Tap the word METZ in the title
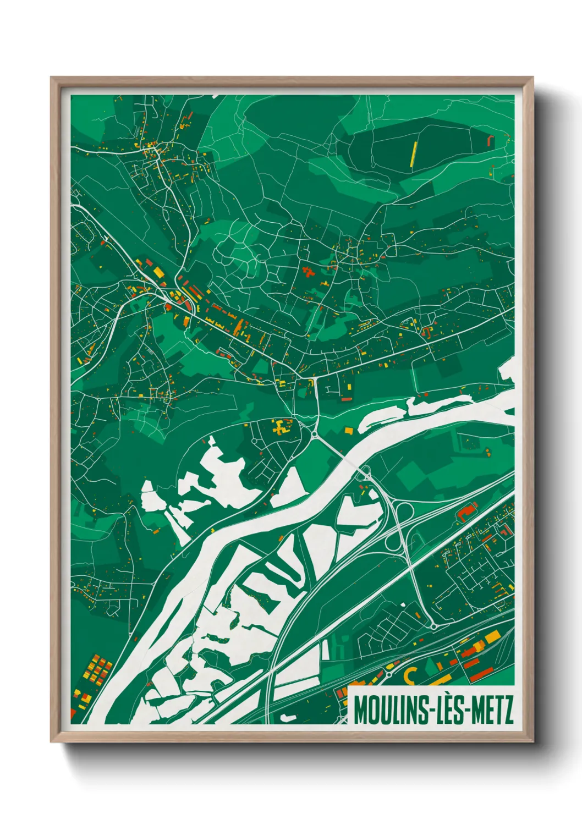point(491,710)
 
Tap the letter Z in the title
point(508,710)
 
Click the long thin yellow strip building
point(414,153)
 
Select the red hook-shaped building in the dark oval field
point(491,141)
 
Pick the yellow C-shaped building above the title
point(410,674)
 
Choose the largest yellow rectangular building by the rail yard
point(491,636)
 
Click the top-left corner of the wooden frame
point(51,78)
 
